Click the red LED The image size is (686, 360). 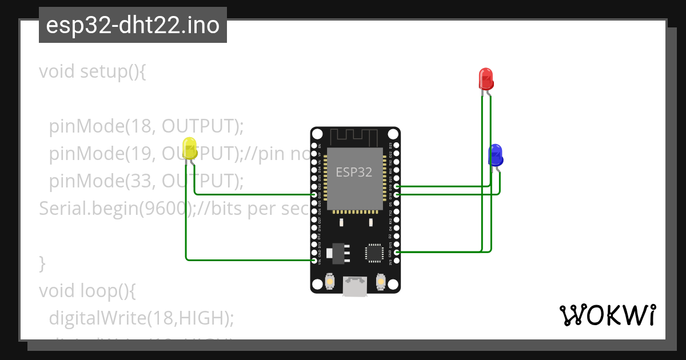point(485,79)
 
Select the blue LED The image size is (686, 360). point(495,154)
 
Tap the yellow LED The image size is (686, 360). point(190,147)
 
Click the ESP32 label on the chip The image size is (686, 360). point(354,172)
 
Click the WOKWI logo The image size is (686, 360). point(607,315)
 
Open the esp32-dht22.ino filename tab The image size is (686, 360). point(133,26)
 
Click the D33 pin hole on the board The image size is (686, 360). point(314,195)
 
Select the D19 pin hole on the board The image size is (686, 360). point(397,186)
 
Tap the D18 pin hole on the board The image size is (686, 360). point(397,195)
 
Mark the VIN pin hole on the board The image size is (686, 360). point(314,261)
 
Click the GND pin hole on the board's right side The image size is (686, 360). point(397,252)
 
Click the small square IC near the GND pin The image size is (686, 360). point(374,253)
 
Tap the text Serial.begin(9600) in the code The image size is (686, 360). point(114,209)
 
